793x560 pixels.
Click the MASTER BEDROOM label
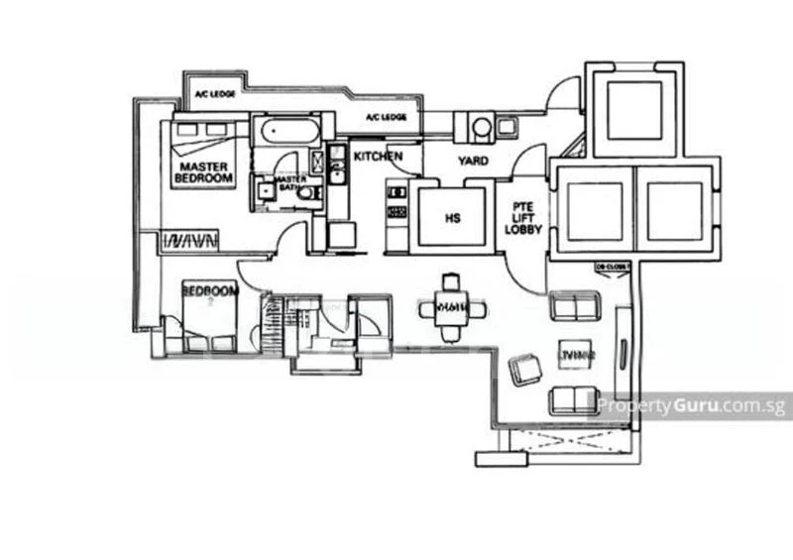(x=203, y=171)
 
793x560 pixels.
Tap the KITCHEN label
(x=379, y=157)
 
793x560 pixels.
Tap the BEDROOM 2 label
(x=209, y=292)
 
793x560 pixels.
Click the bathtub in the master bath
(x=285, y=132)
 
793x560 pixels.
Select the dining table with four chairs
(x=452, y=308)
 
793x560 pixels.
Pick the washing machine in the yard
(x=482, y=128)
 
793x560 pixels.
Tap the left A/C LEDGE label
(x=212, y=95)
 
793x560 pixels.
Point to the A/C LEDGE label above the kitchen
(x=386, y=118)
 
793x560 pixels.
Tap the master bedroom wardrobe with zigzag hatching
(x=189, y=240)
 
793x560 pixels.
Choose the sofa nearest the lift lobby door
(x=574, y=307)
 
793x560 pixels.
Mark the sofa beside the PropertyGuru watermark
(x=574, y=398)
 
